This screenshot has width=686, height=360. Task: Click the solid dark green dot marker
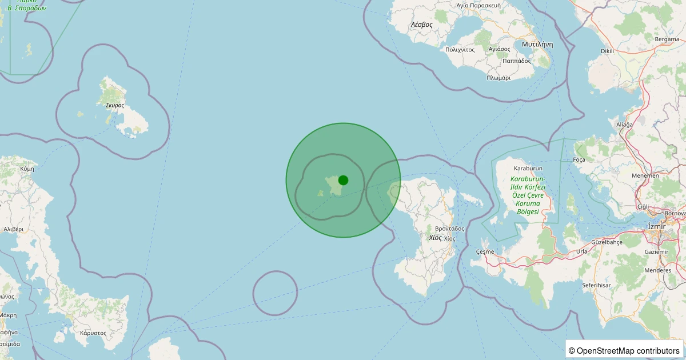point(343,180)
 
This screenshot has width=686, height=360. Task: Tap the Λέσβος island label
point(421,25)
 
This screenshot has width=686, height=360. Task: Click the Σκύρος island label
point(114,105)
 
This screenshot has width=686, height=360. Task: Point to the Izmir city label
point(655,226)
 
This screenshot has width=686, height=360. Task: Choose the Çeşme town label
point(485,251)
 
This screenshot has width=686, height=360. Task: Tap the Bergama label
point(667,39)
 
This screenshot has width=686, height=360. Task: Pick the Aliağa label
point(624,125)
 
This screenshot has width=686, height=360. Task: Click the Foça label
point(579,160)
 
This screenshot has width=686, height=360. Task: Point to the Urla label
point(581,251)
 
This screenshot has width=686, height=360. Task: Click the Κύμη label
point(27,169)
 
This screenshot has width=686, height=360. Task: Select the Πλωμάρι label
point(498,78)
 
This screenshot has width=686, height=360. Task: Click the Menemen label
point(645,176)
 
